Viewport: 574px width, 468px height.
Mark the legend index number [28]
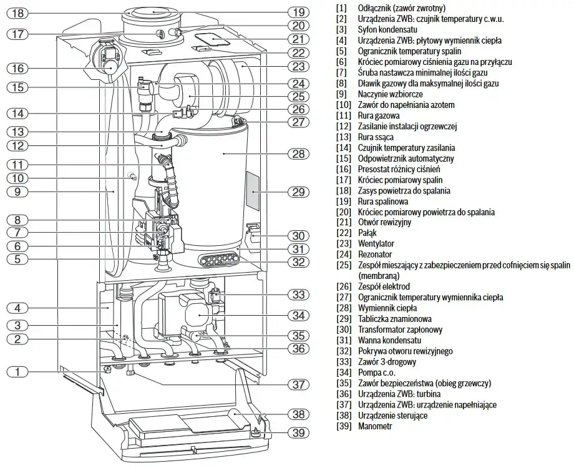[x=343, y=308]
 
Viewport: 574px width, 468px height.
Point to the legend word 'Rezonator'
[x=375, y=255]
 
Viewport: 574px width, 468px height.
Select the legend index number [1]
[x=341, y=8]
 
